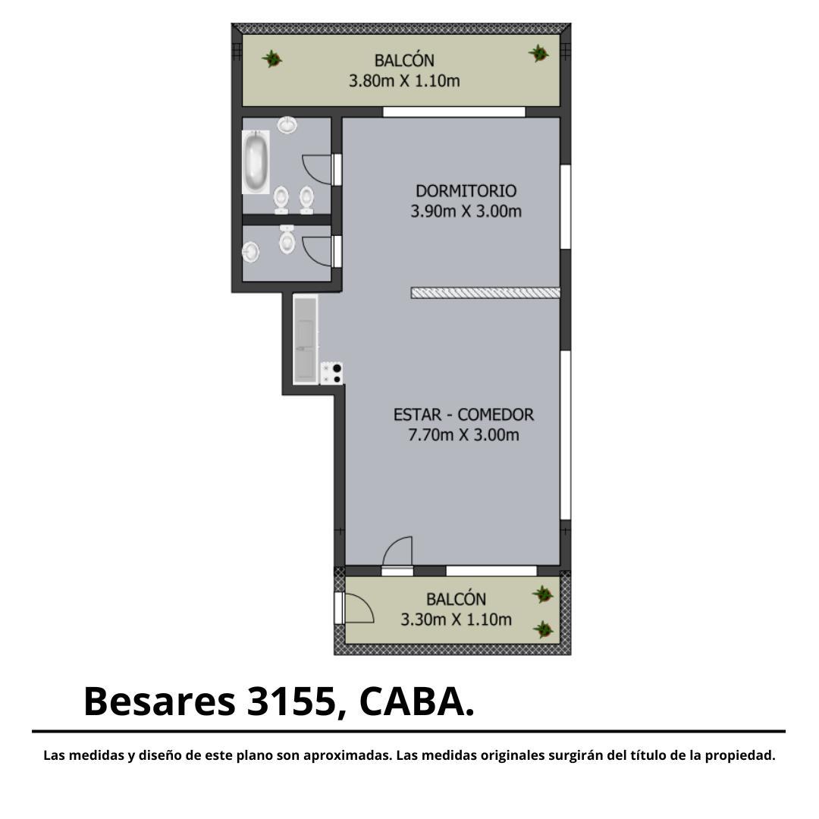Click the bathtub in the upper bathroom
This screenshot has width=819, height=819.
256,162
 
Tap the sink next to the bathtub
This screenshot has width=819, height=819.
287,125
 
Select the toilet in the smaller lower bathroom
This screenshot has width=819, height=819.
287,240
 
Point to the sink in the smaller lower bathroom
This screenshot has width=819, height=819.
251,253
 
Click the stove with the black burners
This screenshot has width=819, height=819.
331,373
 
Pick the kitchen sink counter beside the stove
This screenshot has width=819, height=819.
306,340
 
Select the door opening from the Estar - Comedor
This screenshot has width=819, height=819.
397,551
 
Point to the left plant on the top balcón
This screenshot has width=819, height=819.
271,58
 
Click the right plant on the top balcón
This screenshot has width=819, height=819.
538,53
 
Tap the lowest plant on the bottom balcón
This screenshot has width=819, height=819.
543,629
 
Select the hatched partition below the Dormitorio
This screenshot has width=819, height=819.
486,293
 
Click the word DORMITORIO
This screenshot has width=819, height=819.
466,190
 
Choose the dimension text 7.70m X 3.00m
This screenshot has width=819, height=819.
464,435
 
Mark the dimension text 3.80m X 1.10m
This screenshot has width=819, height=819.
404,81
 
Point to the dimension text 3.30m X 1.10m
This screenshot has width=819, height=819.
456,620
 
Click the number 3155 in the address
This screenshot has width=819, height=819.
290,702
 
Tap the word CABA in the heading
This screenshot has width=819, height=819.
412,702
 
